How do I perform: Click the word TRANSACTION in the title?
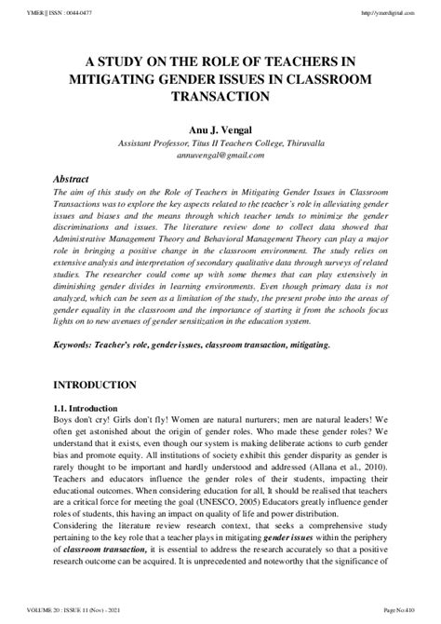point(220,96)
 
